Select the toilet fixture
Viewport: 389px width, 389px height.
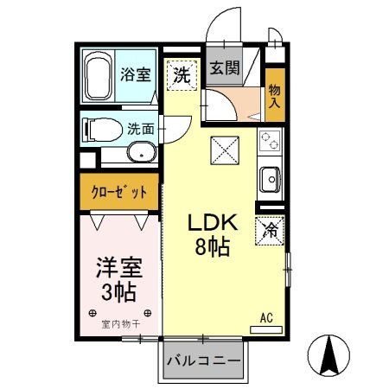point(100,131)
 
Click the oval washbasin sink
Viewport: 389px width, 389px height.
point(139,154)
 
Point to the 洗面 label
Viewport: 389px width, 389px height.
point(140,130)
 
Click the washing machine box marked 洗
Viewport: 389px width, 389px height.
point(181,74)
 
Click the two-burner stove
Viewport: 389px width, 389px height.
point(268,140)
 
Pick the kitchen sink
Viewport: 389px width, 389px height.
point(269,180)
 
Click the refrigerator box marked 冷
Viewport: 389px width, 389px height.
point(269,230)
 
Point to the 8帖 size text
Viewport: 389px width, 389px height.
point(210,249)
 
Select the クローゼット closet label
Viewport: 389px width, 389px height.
point(118,192)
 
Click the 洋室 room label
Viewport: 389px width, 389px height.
point(118,267)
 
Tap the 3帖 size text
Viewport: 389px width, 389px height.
point(118,291)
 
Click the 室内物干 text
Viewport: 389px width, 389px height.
point(118,324)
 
